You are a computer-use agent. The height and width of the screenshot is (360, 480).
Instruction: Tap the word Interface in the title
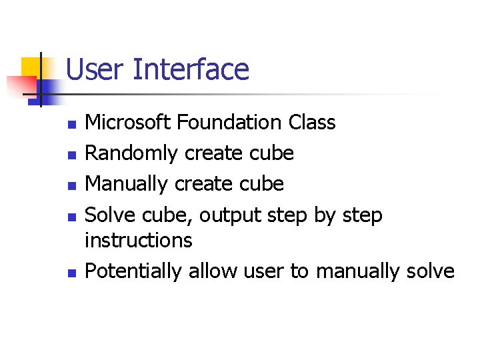191,70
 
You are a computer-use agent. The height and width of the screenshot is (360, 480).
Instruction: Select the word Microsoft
130,123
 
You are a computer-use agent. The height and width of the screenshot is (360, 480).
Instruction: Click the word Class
312,123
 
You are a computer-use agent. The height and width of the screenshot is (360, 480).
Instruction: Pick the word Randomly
132,153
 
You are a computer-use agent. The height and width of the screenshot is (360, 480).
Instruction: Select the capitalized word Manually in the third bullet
127,183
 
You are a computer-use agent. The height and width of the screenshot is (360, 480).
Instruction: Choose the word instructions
139,240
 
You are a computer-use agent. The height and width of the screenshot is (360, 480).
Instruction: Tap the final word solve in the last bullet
432,271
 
